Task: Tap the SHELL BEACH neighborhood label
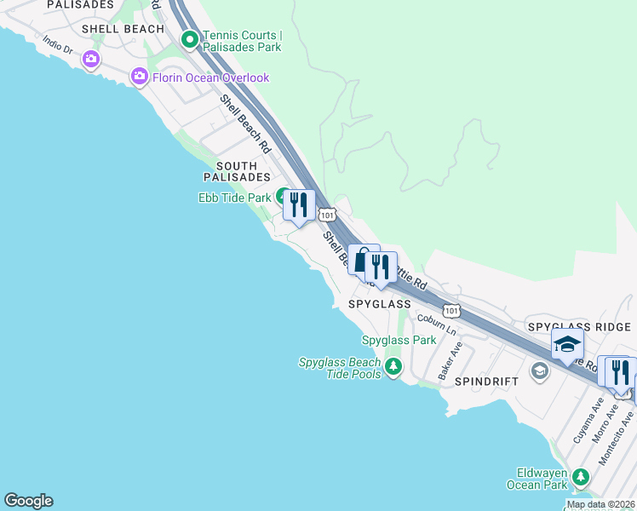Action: [123, 29]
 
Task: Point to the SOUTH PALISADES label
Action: [237, 171]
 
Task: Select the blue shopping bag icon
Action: [363, 261]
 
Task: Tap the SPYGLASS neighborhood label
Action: [380, 304]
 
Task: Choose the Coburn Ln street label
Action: [436, 324]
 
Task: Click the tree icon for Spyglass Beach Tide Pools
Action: [393, 368]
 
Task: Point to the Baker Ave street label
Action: [449, 361]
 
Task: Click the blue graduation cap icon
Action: [567, 345]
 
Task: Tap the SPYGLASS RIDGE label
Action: [579, 327]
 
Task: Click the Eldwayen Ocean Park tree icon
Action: [582, 477]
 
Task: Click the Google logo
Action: [28, 501]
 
